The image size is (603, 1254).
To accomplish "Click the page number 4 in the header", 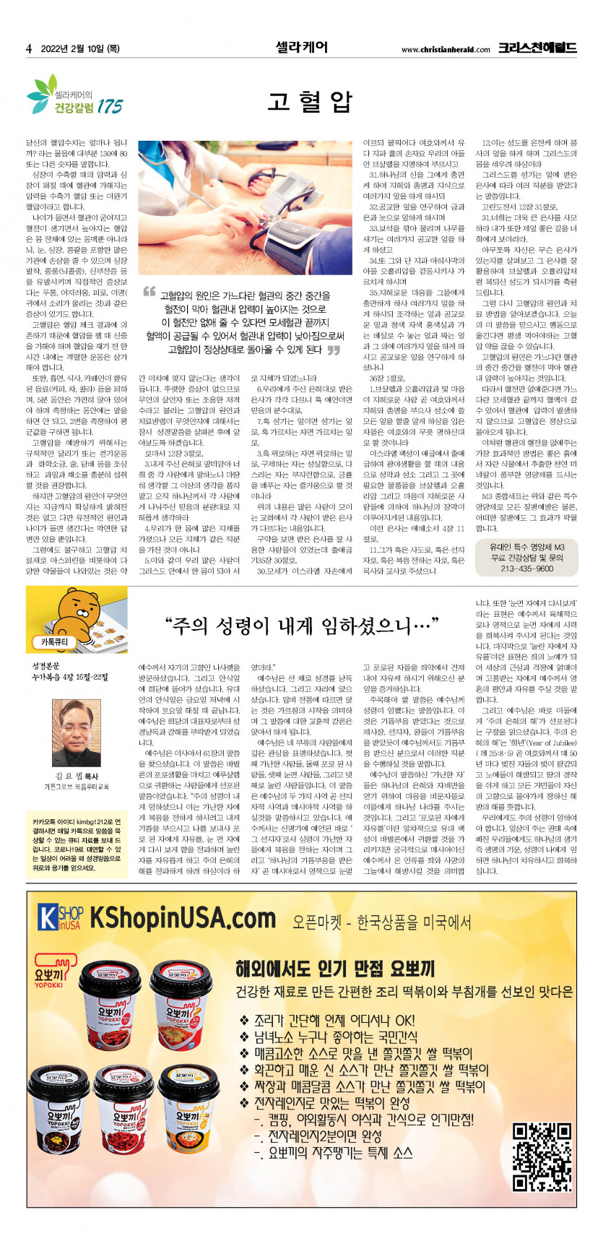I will point(29,49).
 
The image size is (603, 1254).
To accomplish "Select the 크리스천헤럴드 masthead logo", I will point(537,48).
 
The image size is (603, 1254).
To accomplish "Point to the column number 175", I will point(110,106).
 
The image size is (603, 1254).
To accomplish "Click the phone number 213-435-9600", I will point(526,568).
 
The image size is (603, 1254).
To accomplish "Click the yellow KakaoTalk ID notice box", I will point(76,844).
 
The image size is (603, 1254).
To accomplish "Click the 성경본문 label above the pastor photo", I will point(45,665).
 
